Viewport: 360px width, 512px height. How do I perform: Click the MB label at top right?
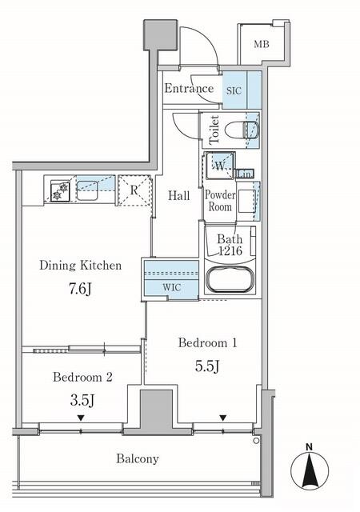point(262,43)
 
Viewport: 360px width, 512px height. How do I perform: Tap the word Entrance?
point(189,88)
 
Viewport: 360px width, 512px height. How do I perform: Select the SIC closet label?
point(233,90)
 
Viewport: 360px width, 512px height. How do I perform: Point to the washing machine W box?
point(218,166)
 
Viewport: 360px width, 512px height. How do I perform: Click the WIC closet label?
point(171,286)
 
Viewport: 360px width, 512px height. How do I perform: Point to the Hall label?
point(178,195)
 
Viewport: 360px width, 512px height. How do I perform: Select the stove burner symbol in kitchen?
point(59,191)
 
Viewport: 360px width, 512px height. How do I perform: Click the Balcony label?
point(136,459)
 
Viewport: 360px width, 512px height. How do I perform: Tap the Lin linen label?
point(246,174)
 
